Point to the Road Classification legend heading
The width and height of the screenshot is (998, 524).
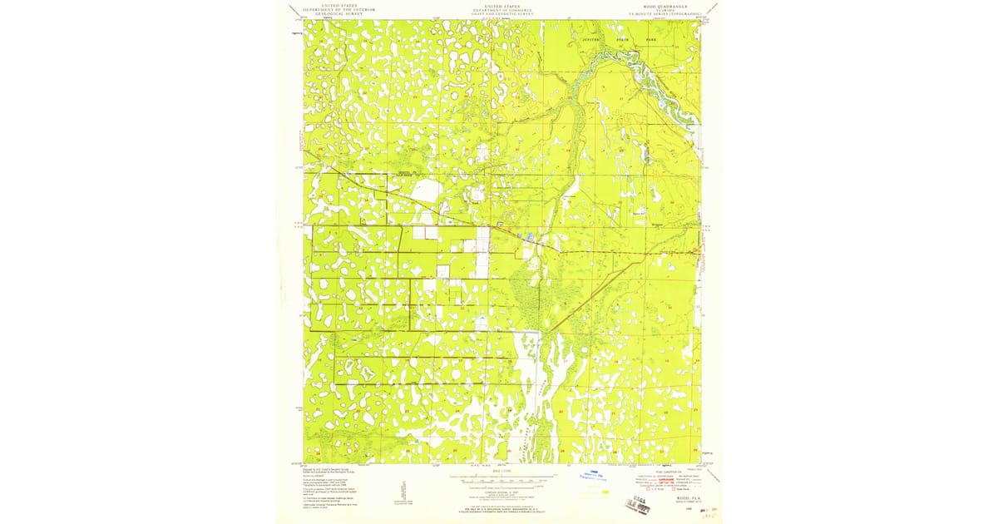(662, 470)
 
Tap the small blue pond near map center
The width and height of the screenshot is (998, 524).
(530, 240)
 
